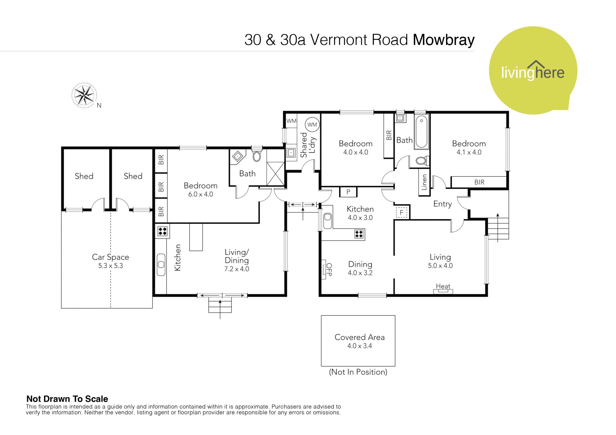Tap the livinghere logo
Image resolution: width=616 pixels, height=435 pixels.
533,70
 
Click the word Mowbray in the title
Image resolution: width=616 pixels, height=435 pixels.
444,40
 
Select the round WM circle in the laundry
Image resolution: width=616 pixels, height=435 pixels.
312,125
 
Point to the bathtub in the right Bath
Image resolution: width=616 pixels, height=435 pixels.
421,132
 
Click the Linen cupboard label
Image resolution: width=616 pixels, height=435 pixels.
424,182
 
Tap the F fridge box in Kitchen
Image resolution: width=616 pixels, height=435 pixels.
401,212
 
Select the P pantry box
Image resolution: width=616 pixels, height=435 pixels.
348,192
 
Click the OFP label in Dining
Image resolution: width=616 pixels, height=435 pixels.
329,270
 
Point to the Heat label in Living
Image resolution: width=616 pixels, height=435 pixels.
443,286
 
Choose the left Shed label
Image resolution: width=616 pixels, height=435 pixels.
84,176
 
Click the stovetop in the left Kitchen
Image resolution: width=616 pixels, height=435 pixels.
162,231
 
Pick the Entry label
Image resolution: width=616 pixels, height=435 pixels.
442,204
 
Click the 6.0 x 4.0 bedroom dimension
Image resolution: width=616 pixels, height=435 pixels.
201,194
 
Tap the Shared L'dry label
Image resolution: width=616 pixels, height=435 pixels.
308,145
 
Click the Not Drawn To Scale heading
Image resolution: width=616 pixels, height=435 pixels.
67,399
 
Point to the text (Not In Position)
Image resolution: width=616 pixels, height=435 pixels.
358,372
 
